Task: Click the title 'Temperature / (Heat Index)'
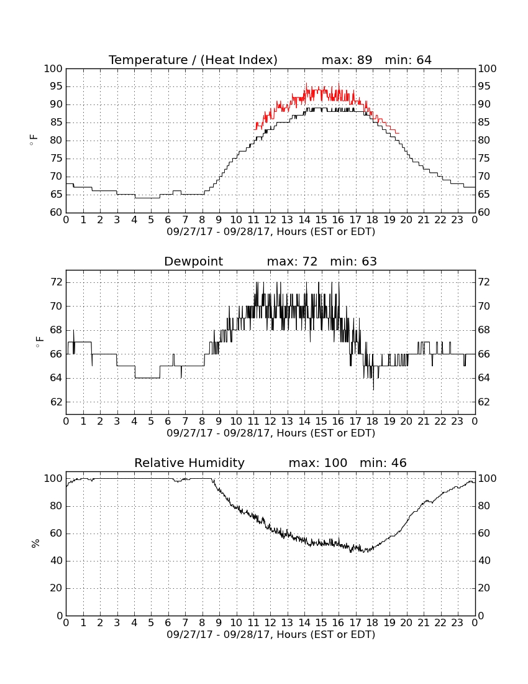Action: [193, 60]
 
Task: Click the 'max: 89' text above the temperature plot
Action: [347, 60]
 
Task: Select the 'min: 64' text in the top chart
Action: [407, 60]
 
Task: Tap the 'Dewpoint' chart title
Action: [193, 262]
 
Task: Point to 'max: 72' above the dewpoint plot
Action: [292, 262]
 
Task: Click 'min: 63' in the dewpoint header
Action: [353, 262]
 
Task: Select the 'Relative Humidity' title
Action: [189, 463]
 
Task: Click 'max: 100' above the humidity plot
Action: [317, 463]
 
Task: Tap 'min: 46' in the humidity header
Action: [383, 463]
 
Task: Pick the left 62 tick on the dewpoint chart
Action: [56, 402]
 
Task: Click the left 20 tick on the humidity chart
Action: [56, 588]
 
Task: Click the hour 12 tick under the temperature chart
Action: [270, 220]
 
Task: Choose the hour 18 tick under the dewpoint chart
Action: [373, 422]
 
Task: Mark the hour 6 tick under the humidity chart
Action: [168, 623]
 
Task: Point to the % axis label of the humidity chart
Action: [35, 543]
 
